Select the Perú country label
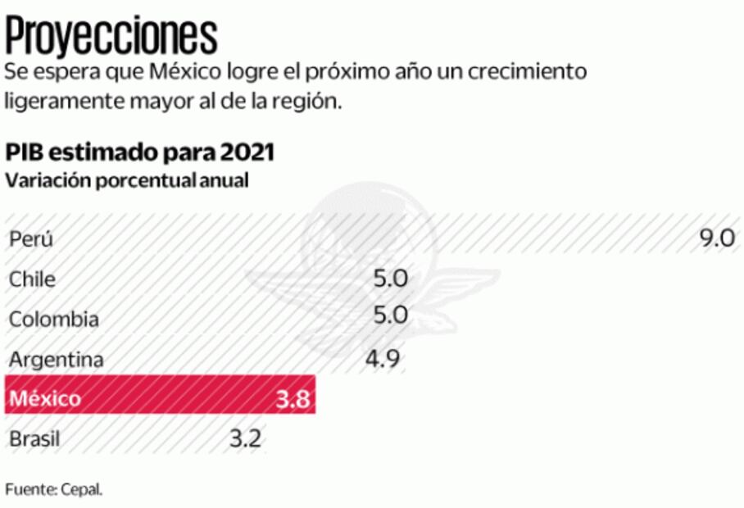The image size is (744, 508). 31,239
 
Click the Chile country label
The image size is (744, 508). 33,279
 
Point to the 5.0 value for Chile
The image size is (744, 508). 390,279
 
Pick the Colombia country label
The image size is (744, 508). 54,320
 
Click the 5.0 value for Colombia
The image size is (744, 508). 390,318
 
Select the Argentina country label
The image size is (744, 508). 57,359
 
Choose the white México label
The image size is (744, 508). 45,399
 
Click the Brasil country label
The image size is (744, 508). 34,439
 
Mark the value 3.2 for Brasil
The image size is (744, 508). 244,438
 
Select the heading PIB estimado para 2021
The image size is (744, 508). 140,153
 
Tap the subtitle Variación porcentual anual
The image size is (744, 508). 127,180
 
